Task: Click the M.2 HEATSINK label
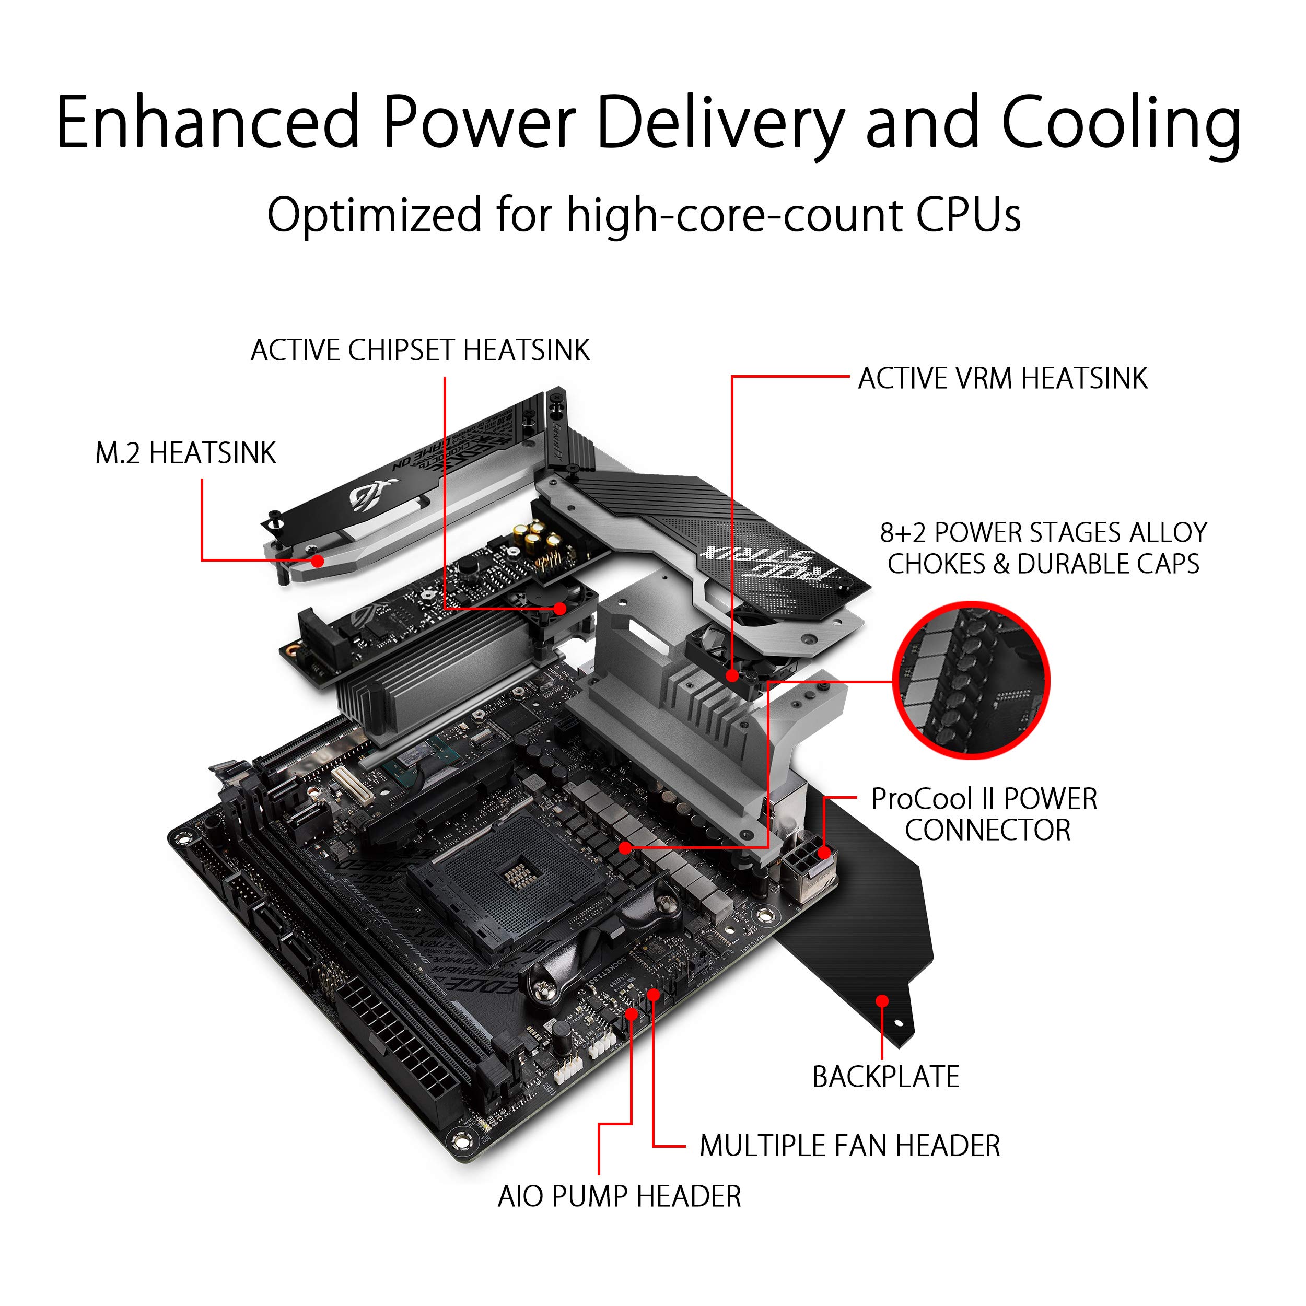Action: point(185,453)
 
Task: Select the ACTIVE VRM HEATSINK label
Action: point(1002,379)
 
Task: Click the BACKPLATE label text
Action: point(885,1077)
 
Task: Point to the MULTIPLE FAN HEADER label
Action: point(849,1146)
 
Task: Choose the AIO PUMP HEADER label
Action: point(619,1196)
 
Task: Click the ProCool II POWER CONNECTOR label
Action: point(984,814)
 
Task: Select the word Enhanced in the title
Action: point(207,122)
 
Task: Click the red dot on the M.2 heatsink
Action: point(317,559)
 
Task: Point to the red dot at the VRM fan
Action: point(732,674)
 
